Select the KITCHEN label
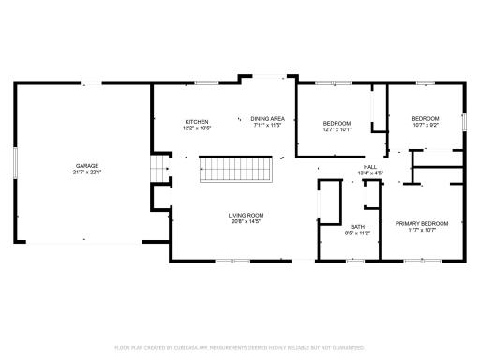(196, 121)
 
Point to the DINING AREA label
(267, 118)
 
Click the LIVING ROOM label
(245, 216)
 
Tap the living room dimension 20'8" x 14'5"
(245, 222)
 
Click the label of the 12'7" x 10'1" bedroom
(337, 124)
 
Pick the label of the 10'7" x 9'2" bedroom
(426, 118)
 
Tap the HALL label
(370, 167)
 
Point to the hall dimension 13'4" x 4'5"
(370, 172)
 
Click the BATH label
(358, 227)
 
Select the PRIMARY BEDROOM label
(421, 223)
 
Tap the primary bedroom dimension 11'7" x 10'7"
(421, 230)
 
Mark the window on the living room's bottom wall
(232, 261)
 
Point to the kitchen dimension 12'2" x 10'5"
(196, 127)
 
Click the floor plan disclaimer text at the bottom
(240, 347)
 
